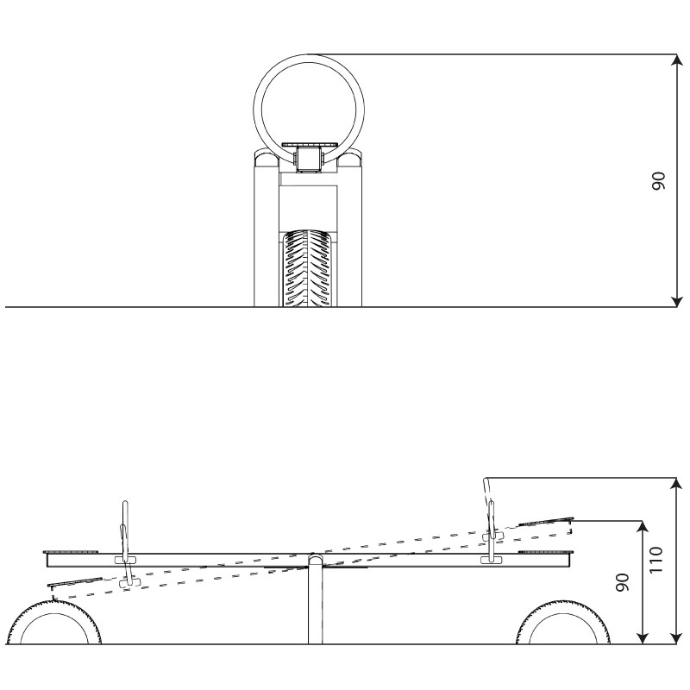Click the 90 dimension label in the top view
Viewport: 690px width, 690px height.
pyautogui.click(x=658, y=181)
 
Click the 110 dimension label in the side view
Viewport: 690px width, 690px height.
pyautogui.click(x=655, y=560)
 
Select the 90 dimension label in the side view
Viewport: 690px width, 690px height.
pyautogui.click(x=623, y=582)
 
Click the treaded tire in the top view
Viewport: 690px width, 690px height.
pyautogui.click(x=308, y=267)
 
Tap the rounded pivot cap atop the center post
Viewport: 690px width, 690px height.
pyautogui.click(x=315, y=559)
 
